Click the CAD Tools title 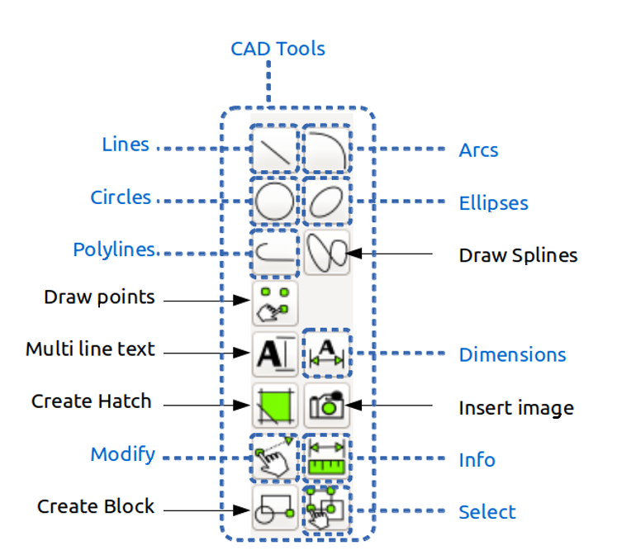pyautogui.click(x=278, y=49)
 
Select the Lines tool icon pyautogui.click(x=275, y=149)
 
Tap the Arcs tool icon pyautogui.click(x=326, y=149)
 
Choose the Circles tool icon pyautogui.click(x=275, y=202)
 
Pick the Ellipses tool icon pyautogui.click(x=326, y=202)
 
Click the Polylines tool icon pyautogui.click(x=275, y=254)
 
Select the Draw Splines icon pyautogui.click(x=326, y=254)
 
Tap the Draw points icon pyautogui.click(x=275, y=303)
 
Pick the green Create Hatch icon pyautogui.click(x=275, y=406)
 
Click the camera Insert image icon pyautogui.click(x=326, y=406)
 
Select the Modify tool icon pyautogui.click(x=275, y=458)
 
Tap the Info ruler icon pyautogui.click(x=326, y=458)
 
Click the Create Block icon pyautogui.click(x=275, y=509)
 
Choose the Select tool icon pyautogui.click(x=326, y=509)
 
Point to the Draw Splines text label pyautogui.click(x=518, y=256)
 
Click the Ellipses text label pyautogui.click(x=494, y=202)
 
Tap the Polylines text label pyautogui.click(x=114, y=249)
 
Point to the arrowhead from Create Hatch pyautogui.click(x=242, y=405)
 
